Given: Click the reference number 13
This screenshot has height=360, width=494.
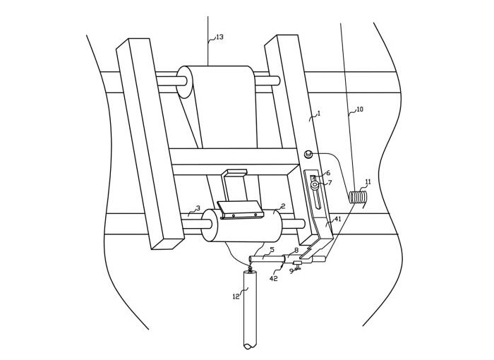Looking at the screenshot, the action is coord(219,37).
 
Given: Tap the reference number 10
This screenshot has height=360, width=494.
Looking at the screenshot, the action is coord(359,109).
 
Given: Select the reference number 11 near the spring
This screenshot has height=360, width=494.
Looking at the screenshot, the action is coord(368,181).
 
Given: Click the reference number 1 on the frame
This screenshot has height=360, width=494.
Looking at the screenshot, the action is coord(318,113).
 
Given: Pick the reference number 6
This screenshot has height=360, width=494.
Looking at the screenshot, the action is coord(328,172).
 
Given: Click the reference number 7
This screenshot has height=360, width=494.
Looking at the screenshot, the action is coord(330,183).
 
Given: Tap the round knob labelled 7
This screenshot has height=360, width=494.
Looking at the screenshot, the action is coord(315,186).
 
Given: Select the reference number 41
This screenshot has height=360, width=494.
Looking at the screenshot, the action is coord(337,219).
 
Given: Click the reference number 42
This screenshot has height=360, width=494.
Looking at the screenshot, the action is coord(274,279).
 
